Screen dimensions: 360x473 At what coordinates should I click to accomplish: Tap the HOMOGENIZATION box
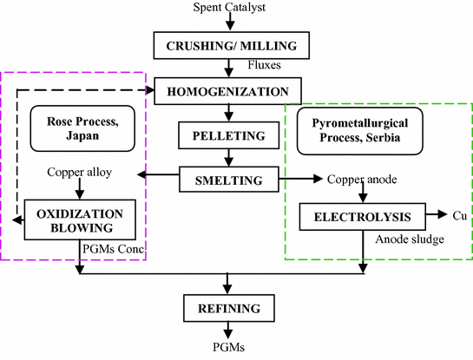tap(227, 89)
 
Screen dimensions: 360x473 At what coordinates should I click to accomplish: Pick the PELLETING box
tap(227, 135)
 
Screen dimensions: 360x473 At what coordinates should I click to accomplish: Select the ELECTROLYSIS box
tap(360, 215)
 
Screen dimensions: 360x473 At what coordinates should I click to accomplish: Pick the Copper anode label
tap(362, 180)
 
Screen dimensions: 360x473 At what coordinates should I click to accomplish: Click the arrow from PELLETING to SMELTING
tap(227, 158)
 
